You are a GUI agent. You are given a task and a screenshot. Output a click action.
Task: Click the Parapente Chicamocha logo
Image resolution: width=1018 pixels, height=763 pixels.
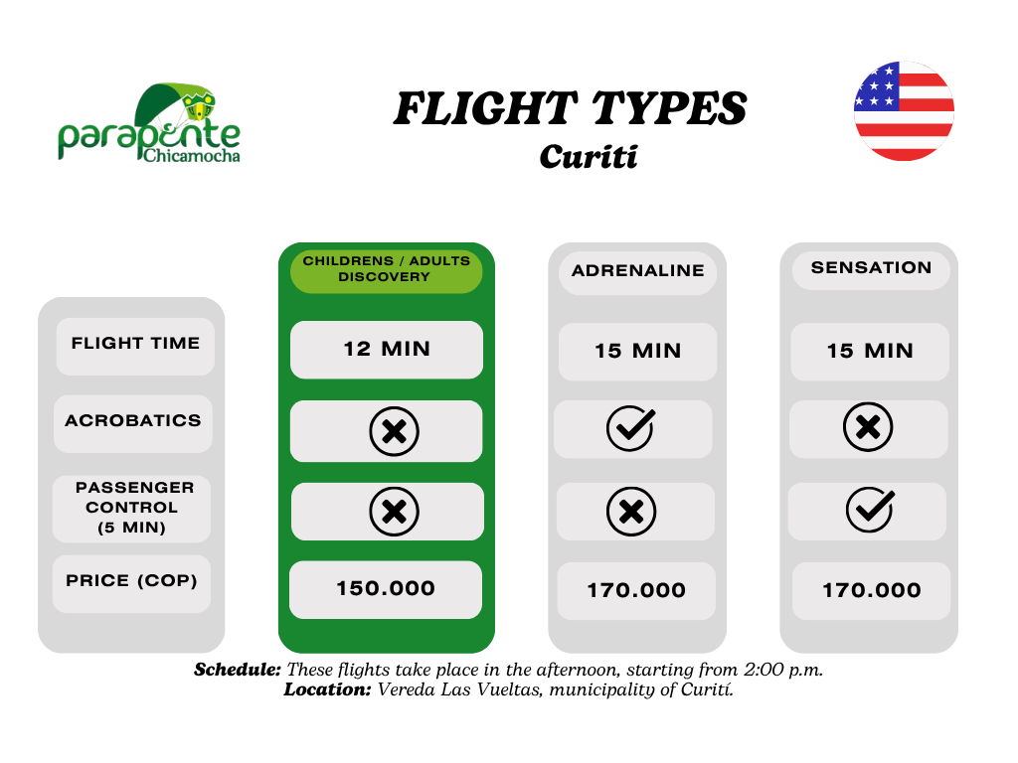(149, 122)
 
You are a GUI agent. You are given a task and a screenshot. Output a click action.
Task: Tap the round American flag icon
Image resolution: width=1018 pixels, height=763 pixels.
(904, 111)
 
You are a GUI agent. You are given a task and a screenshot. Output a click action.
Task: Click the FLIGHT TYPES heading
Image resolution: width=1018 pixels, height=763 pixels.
(570, 107)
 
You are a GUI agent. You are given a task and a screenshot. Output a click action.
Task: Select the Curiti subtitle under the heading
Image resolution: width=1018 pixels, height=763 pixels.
(589, 156)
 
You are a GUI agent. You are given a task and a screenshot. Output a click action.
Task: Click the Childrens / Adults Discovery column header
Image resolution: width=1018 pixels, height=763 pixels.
(386, 269)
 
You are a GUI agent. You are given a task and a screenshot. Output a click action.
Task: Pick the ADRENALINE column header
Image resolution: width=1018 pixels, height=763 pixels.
(637, 271)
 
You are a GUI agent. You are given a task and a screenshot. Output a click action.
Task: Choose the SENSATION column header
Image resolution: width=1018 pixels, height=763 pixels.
(871, 268)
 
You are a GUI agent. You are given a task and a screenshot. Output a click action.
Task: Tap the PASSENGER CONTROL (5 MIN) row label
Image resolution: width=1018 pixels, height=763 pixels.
(132, 509)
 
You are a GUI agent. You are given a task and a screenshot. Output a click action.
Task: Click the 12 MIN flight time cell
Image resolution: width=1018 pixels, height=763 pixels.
(387, 350)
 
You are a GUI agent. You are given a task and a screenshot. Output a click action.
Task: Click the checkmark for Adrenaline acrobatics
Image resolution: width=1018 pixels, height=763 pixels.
(630, 428)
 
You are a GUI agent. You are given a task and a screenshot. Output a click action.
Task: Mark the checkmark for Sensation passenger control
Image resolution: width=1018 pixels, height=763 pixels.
(870, 510)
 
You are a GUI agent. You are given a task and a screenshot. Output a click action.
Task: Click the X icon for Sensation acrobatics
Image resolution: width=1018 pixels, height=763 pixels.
(868, 427)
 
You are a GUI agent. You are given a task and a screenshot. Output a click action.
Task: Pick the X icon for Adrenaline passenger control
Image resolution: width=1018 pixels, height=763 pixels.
(631, 512)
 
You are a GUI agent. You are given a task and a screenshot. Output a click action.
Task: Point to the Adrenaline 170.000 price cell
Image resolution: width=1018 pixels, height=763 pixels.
(636, 591)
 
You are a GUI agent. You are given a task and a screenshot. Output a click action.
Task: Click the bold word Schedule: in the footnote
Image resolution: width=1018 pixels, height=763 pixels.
(238, 670)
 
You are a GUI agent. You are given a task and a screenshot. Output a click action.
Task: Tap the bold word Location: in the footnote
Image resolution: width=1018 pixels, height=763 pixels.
(327, 689)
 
